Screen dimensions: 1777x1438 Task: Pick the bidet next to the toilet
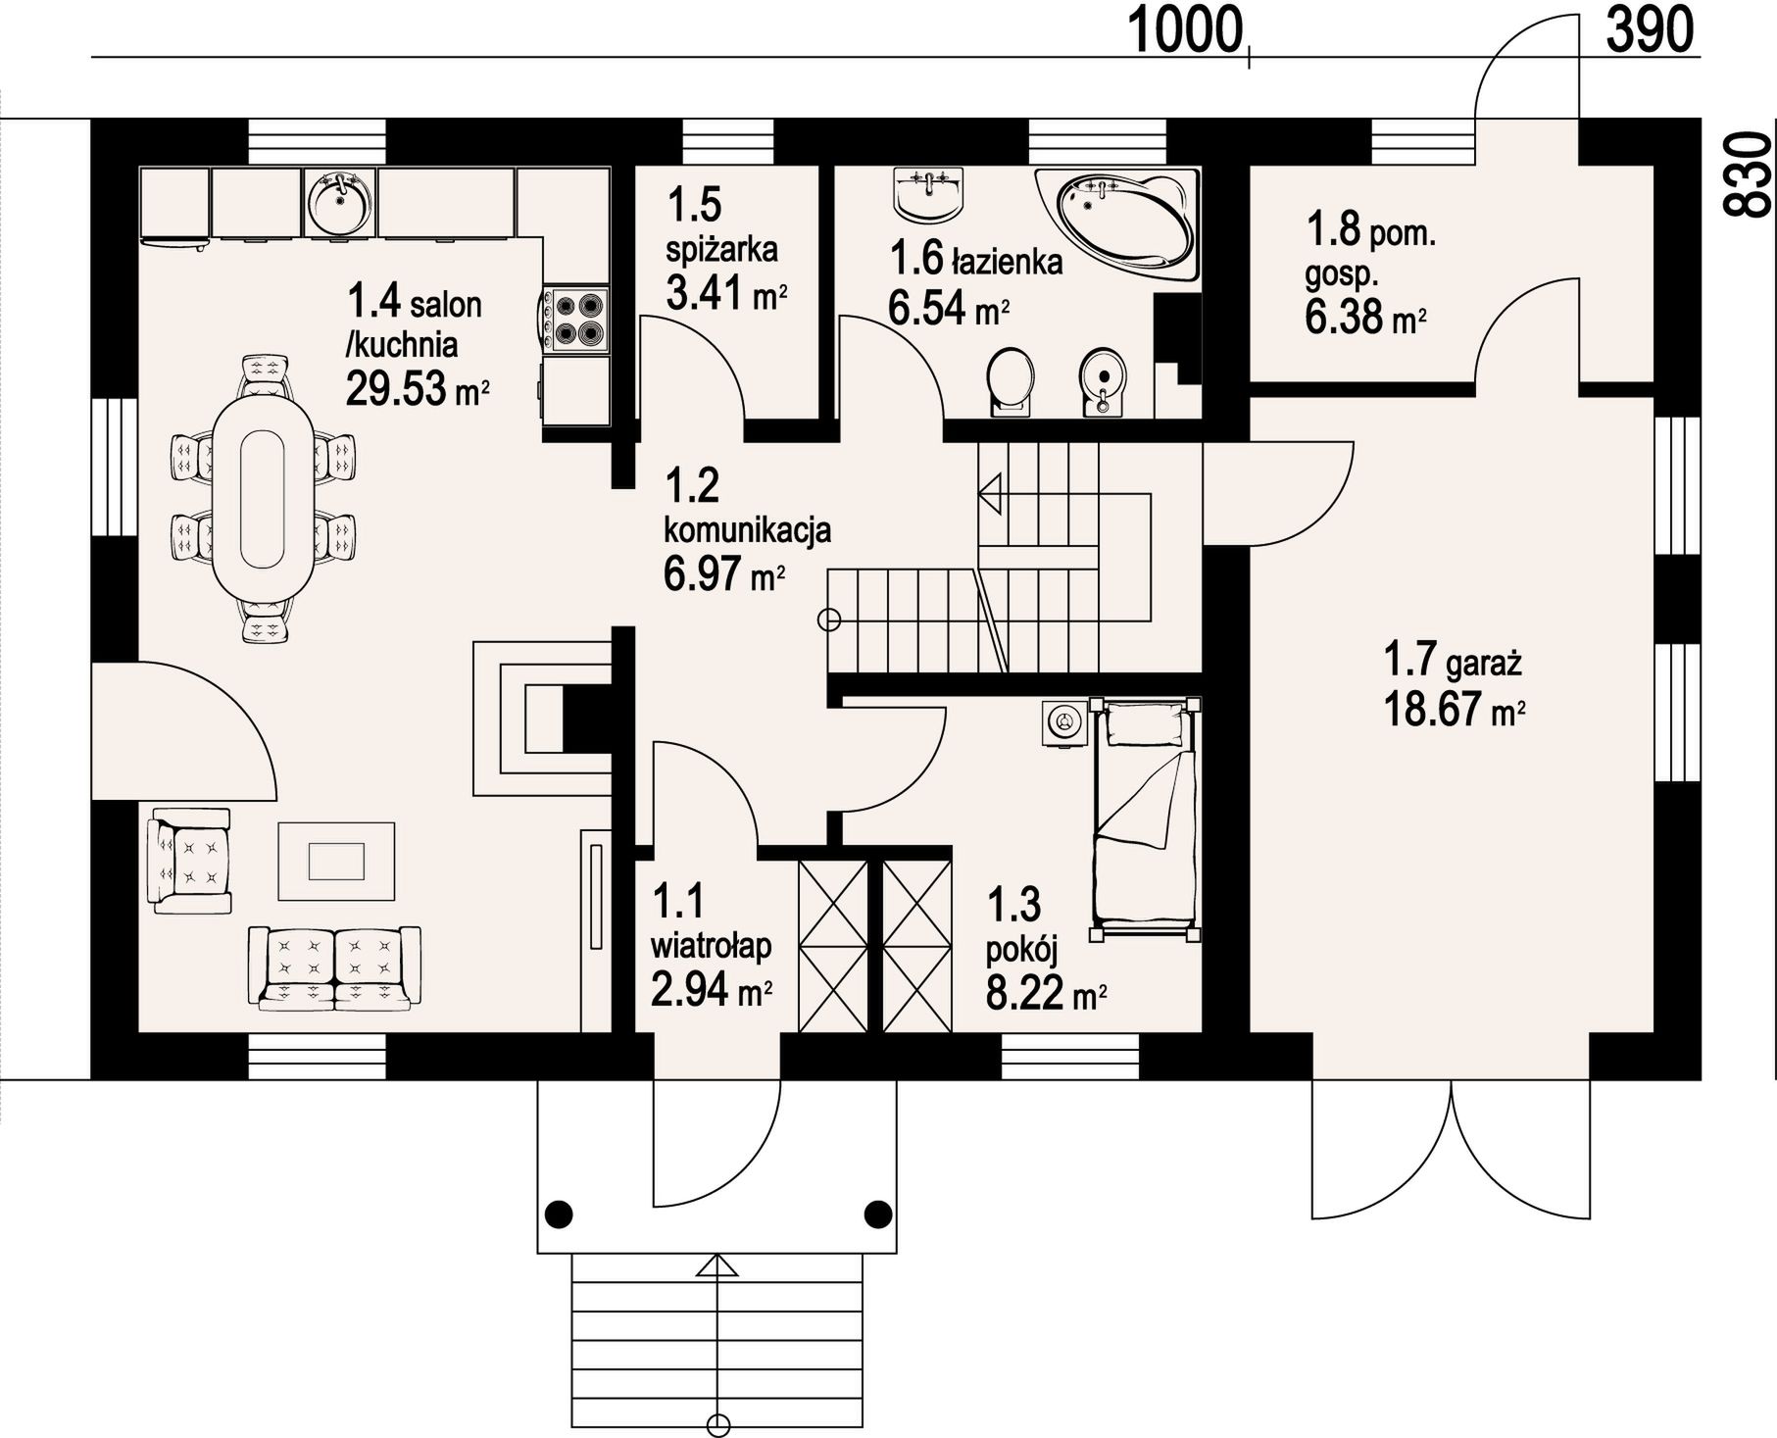tap(1104, 381)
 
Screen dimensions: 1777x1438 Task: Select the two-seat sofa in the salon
tap(335, 967)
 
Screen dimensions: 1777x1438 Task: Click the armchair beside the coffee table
tap(189, 861)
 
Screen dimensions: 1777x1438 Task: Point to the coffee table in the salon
tap(337, 861)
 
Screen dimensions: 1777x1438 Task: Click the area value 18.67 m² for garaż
tap(1454, 709)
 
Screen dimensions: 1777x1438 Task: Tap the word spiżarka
tap(722, 249)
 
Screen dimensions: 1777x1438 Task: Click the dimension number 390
tap(1650, 29)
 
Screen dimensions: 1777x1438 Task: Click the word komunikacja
tap(748, 530)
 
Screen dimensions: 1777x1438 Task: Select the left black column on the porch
tap(558, 1214)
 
